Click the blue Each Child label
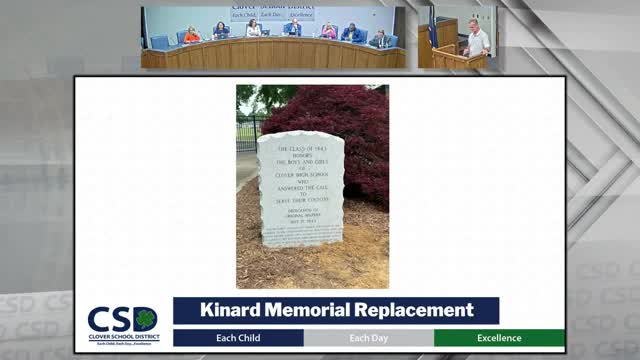click(237, 338)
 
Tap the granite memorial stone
click(300, 190)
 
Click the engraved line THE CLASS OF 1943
click(300, 149)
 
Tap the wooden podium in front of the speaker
click(450, 58)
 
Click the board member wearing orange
click(192, 35)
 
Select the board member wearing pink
click(328, 32)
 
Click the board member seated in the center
click(292, 29)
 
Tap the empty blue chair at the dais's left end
click(159, 42)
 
